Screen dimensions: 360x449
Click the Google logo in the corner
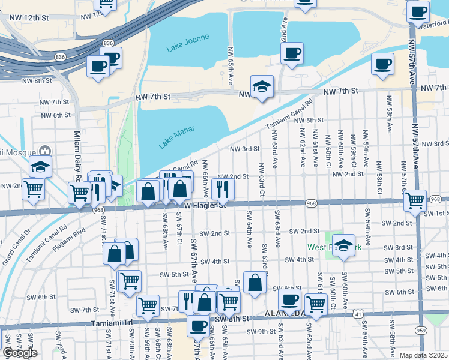click(x=20, y=353)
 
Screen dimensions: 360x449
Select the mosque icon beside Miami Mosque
click(x=43, y=150)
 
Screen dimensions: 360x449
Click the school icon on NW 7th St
click(x=262, y=87)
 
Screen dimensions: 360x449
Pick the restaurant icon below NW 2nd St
click(x=223, y=189)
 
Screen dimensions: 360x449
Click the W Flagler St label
click(x=203, y=205)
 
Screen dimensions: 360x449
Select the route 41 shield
click(x=357, y=313)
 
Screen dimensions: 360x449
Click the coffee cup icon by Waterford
click(x=417, y=10)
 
